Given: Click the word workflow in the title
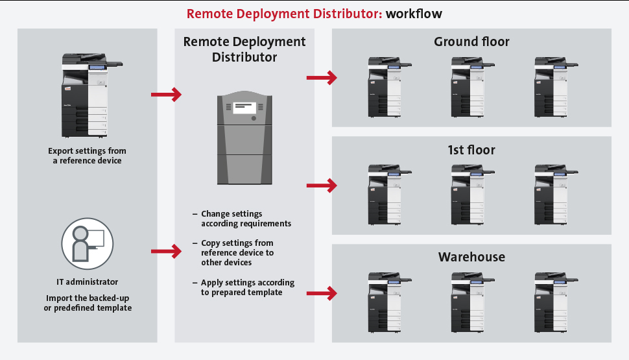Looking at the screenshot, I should pyautogui.click(x=414, y=13).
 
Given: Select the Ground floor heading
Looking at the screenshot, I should pyautogui.click(x=471, y=42).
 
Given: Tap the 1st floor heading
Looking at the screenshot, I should pyautogui.click(x=471, y=150).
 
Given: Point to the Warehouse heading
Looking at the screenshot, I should pyautogui.click(x=471, y=257).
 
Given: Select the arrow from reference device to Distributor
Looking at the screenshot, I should pyautogui.click(x=166, y=95).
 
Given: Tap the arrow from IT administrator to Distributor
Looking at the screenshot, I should pyautogui.click(x=166, y=250).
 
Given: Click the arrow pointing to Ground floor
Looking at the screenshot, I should pyautogui.click(x=322, y=78).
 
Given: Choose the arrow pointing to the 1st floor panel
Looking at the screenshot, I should pyautogui.click(x=322, y=186).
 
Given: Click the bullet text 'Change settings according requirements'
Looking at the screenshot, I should pyautogui.click(x=245, y=219).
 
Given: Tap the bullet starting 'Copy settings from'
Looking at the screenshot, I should pyautogui.click(x=237, y=253).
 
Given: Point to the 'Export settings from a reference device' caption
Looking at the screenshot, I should pyautogui.click(x=88, y=156).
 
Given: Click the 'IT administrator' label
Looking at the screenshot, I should pyautogui.click(x=88, y=282).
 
